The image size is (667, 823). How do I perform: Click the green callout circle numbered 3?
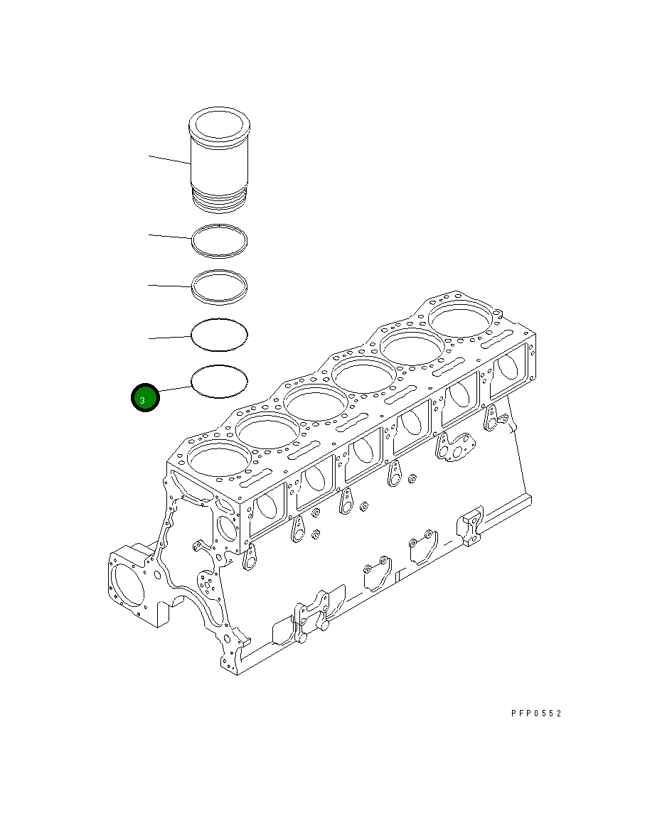tap(145, 399)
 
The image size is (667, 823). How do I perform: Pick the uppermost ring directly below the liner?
tap(220, 240)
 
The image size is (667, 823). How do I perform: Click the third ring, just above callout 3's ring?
tap(220, 334)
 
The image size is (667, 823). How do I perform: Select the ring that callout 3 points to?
tap(220, 382)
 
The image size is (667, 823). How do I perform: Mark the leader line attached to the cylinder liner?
tap(169, 159)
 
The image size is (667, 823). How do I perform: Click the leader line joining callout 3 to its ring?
tap(175, 389)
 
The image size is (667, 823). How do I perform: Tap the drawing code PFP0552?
tap(535, 713)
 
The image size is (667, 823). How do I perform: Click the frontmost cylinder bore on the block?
tap(217, 460)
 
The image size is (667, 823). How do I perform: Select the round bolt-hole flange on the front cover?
tap(207, 583)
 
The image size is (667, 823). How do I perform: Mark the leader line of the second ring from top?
tap(169, 286)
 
